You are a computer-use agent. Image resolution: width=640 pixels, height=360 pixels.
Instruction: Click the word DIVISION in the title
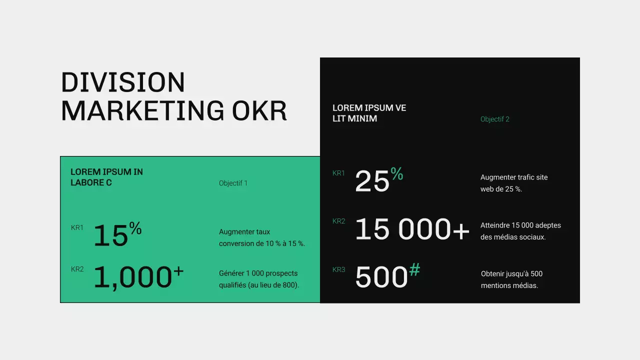[x=123, y=82]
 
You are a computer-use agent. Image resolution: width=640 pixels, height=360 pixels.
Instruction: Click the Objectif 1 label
[x=233, y=183]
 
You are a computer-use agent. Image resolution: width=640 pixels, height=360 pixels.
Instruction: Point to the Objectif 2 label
[x=494, y=119]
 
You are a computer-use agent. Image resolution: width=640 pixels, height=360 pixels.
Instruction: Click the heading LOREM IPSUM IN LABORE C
[x=106, y=177]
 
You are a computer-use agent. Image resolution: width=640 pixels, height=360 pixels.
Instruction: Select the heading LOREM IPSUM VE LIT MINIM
[x=369, y=113]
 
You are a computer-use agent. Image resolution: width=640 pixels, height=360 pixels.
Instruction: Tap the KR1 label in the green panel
[x=77, y=227]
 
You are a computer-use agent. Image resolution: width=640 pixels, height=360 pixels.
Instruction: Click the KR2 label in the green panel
[x=77, y=269]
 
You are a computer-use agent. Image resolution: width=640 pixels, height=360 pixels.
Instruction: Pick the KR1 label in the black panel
[x=338, y=173]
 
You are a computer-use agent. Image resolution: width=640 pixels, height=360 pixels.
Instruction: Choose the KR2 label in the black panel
[x=338, y=221]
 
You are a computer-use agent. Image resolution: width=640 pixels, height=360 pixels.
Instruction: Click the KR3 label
[x=338, y=269]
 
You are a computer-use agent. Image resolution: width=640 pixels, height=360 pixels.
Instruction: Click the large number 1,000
[x=132, y=277]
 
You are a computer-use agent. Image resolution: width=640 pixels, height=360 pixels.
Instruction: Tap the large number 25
[x=372, y=181]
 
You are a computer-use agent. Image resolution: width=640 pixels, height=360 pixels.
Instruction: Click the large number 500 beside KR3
[x=381, y=277]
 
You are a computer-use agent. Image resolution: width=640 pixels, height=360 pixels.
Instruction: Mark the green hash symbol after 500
[x=414, y=270]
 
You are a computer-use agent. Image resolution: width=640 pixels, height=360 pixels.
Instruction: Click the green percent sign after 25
[x=397, y=173]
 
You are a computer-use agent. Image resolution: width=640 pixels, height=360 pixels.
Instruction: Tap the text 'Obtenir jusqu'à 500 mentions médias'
[x=511, y=279]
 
